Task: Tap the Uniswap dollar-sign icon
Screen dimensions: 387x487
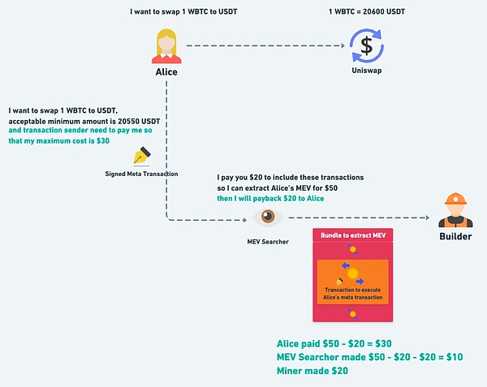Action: point(366,45)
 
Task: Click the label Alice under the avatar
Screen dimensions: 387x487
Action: point(166,72)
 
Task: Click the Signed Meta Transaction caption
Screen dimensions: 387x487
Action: point(141,173)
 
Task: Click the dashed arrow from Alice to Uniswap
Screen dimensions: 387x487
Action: point(260,45)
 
